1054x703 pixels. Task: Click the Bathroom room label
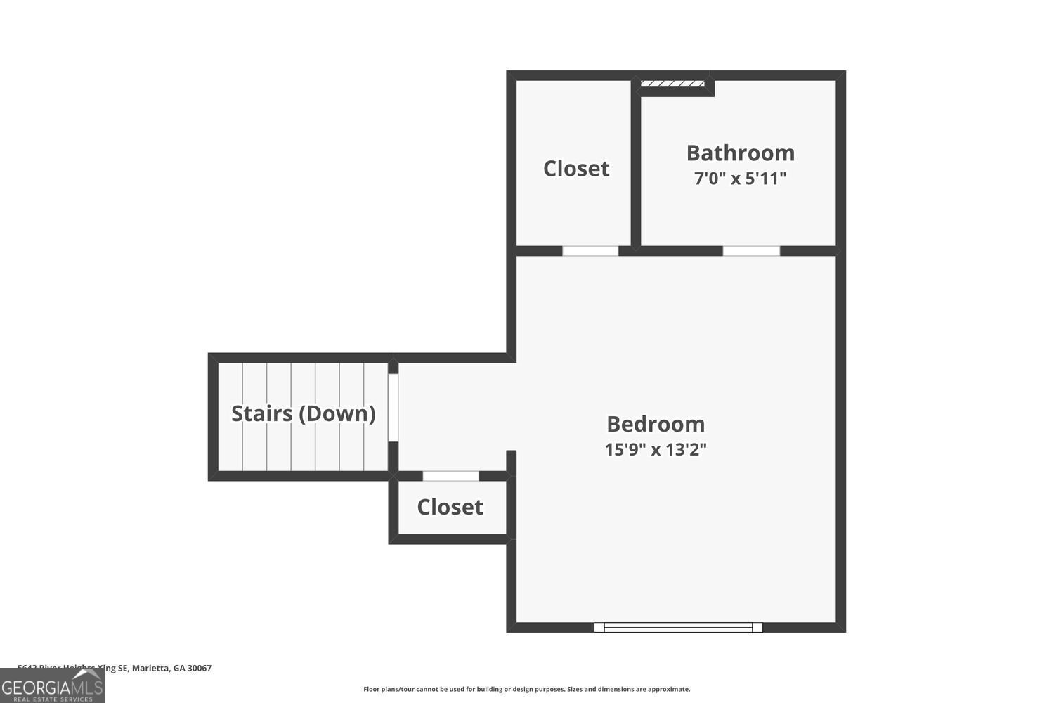[x=740, y=153]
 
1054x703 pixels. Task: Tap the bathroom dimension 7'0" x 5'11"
[x=740, y=179]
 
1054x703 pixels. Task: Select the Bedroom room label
[x=655, y=424]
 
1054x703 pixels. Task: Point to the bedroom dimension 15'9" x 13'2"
[x=655, y=449]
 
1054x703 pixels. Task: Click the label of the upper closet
[x=576, y=168]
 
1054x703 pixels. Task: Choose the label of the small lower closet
[x=450, y=507]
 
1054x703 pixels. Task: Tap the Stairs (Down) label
[x=303, y=413]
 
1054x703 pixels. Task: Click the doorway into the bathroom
[x=751, y=251]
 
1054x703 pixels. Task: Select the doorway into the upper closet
[x=590, y=251]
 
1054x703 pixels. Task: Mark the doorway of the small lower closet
[x=450, y=476]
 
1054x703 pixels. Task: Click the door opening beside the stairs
[x=393, y=408]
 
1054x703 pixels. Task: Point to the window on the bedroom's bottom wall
[x=678, y=627]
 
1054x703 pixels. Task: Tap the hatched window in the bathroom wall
[x=672, y=84]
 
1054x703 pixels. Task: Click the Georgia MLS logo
[x=52, y=685]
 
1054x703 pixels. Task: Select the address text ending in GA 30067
[x=115, y=668]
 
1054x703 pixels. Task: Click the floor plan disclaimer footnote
[x=526, y=689]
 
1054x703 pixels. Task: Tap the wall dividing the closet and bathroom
[x=635, y=169]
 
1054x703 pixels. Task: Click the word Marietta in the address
[x=150, y=668]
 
